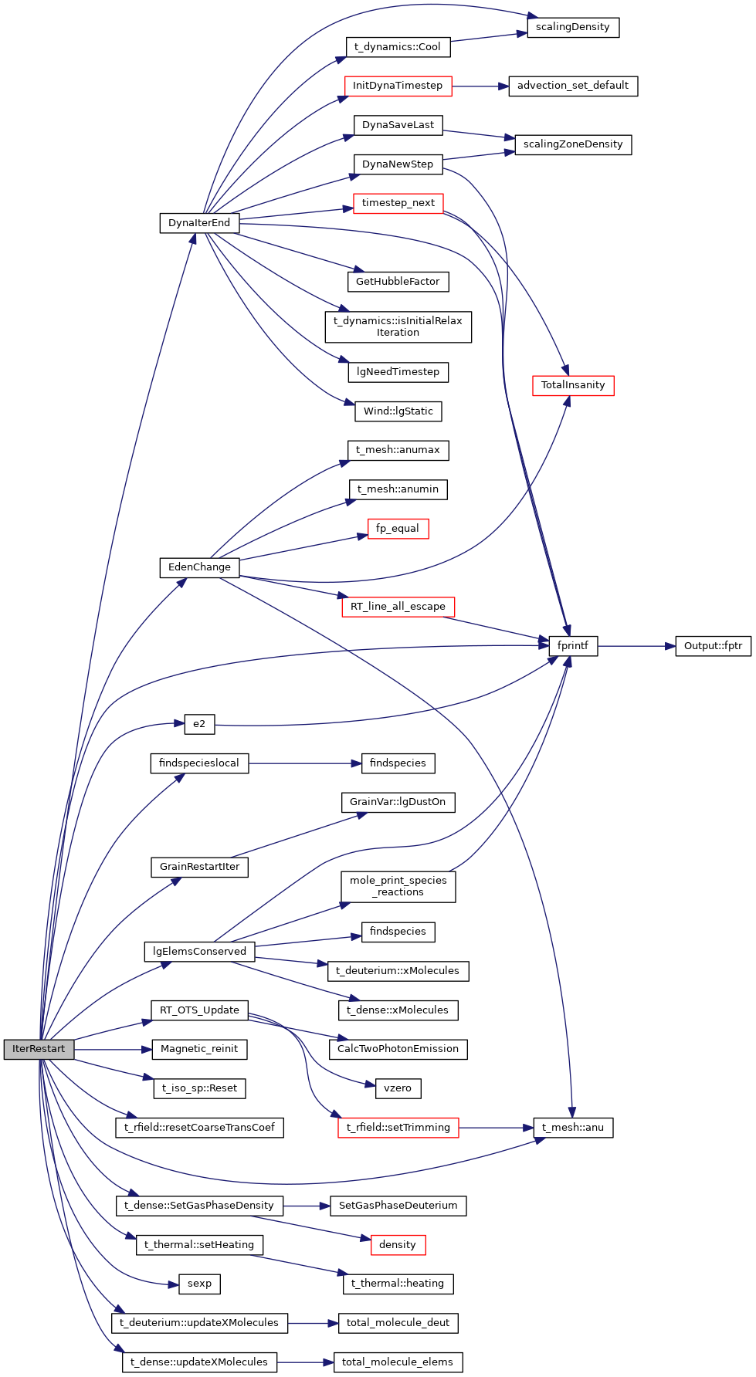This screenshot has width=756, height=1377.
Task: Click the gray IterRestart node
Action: [x=39, y=1049]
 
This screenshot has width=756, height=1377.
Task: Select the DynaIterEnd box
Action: [x=199, y=223]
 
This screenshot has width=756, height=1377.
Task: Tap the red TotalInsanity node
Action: [x=573, y=385]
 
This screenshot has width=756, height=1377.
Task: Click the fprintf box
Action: [x=573, y=646]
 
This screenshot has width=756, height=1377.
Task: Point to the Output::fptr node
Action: [x=713, y=646]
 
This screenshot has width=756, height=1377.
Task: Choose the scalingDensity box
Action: [x=573, y=27]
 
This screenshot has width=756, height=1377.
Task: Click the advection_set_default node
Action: [x=573, y=86]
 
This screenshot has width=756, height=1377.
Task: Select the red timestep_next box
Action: [x=398, y=203]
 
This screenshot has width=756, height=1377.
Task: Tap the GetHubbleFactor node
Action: [x=398, y=282]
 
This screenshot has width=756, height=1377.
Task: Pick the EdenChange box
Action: [x=199, y=567]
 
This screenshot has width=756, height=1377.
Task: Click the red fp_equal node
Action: [x=398, y=529]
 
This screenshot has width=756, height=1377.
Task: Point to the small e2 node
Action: [x=199, y=724]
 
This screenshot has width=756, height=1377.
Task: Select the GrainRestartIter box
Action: [x=199, y=867]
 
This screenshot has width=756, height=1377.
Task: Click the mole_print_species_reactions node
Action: [x=398, y=886]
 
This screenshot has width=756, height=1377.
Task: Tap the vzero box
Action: [x=398, y=1088]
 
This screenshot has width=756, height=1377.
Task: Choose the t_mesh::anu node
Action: [x=573, y=1128]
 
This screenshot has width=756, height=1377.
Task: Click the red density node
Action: [x=398, y=1245]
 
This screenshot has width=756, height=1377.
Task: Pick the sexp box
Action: [x=199, y=1284]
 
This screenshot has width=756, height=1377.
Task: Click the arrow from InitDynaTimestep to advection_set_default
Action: [x=480, y=86]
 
